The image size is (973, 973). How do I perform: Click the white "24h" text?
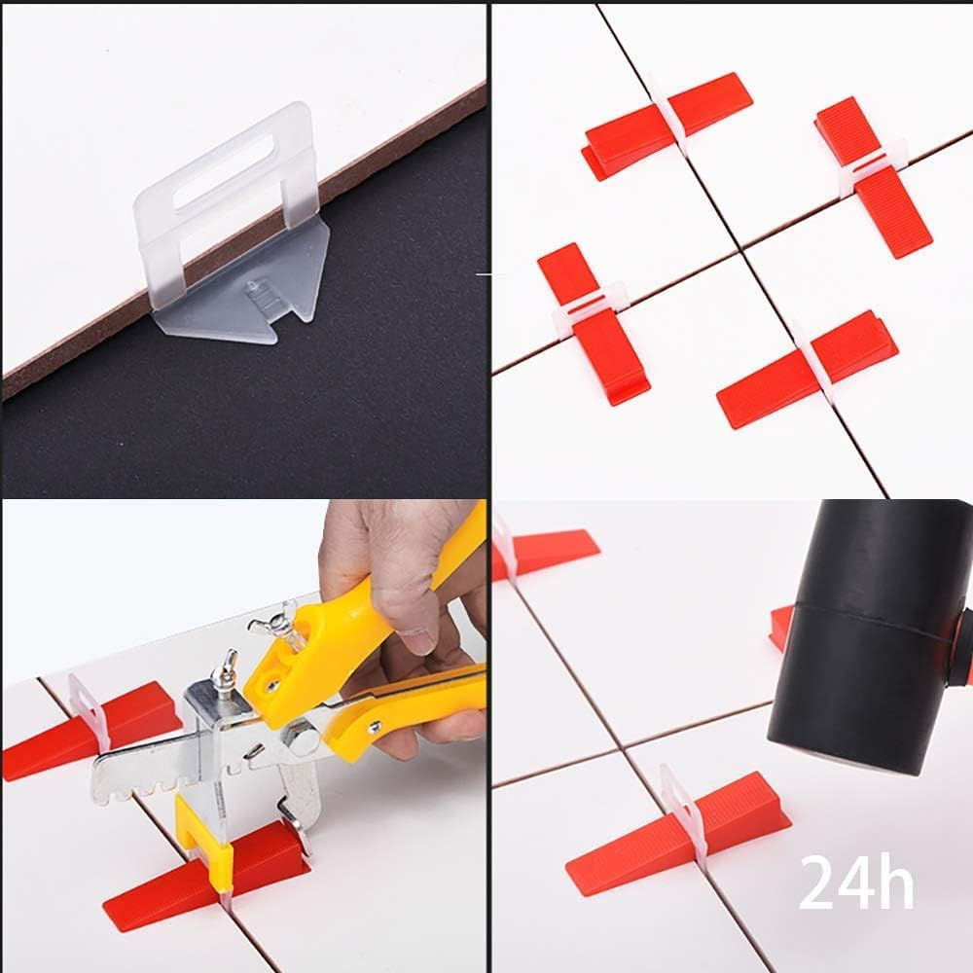tap(856, 882)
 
